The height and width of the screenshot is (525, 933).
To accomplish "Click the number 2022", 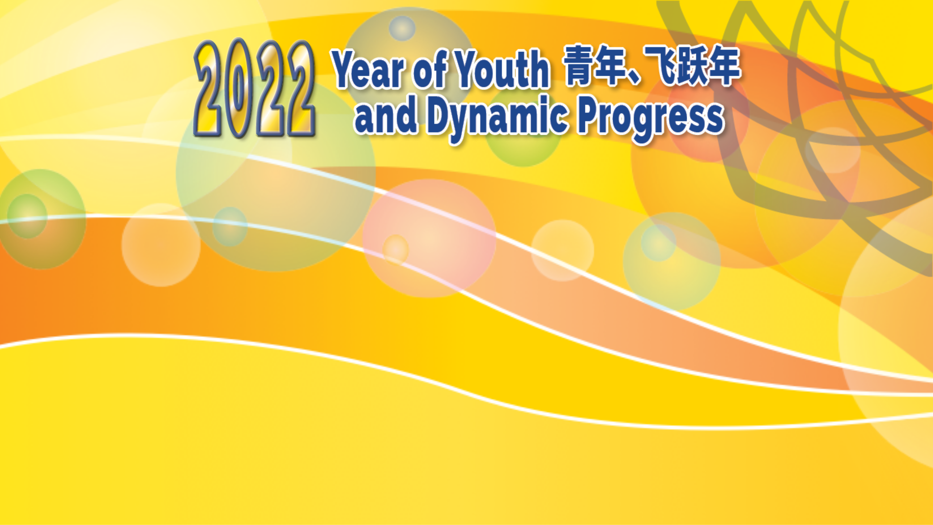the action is (x=255, y=88).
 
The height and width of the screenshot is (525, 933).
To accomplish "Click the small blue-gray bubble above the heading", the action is (x=402, y=28).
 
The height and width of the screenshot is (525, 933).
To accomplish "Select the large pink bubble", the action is (x=429, y=239).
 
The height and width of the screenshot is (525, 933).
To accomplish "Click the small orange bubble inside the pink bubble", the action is (x=396, y=249).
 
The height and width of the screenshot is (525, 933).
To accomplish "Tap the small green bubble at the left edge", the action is (x=27, y=216).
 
